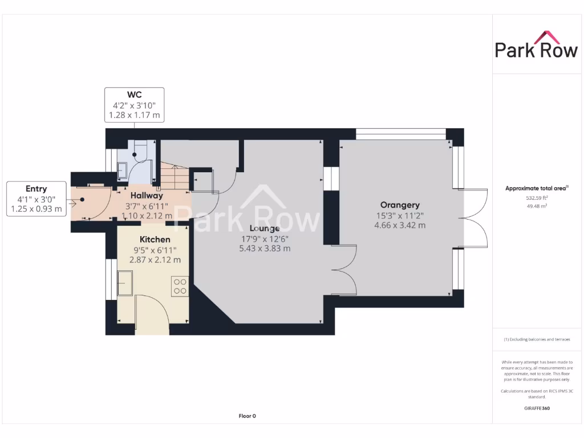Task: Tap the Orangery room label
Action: (400, 205)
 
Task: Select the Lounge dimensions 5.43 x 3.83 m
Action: (265, 248)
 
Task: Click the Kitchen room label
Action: (155, 239)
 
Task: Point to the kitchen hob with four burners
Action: (180, 286)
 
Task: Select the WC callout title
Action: (134, 94)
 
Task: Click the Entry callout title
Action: (36, 189)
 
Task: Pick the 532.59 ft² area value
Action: (537, 198)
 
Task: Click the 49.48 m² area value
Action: (537, 206)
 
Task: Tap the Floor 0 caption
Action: (247, 416)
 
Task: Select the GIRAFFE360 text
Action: (537, 408)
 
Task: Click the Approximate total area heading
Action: (537, 188)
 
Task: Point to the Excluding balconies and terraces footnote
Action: (537, 339)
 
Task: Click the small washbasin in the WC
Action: (123, 169)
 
